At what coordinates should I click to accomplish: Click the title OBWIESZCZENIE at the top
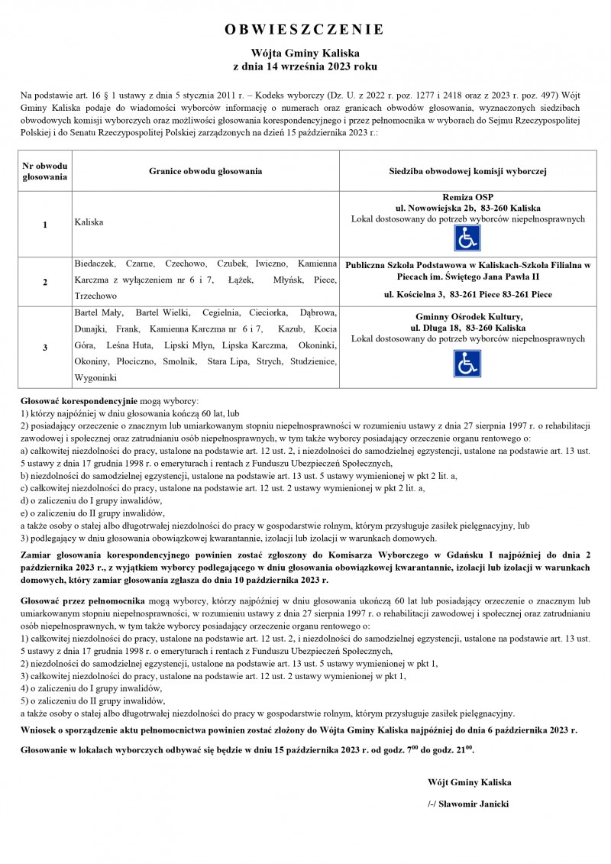coord(305,30)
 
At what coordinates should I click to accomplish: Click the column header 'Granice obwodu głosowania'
coord(205,170)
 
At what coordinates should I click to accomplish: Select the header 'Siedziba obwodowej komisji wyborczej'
coord(467,170)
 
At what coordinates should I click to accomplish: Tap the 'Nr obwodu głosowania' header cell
coord(45,170)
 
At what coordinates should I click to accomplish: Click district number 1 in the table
coord(45,225)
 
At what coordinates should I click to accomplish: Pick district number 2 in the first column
coord(45,282)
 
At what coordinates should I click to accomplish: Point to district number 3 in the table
coord(45,348)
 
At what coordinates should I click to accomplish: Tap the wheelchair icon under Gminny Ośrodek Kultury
coord(467,363)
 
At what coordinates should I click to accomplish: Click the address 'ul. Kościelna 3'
coord(417,294)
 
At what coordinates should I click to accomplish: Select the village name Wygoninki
coord(95,377)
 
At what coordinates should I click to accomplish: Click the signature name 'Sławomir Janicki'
coord(471,804)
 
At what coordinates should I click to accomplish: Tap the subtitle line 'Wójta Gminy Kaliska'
coord(305,53)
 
